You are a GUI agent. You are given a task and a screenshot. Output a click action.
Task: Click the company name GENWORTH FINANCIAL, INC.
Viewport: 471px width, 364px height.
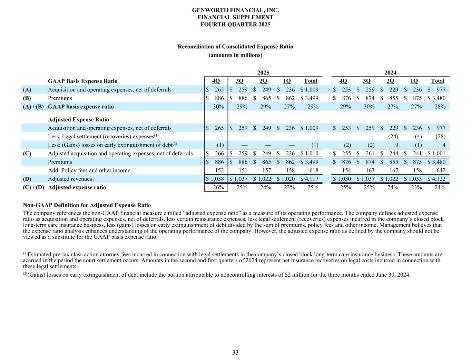point(235,10)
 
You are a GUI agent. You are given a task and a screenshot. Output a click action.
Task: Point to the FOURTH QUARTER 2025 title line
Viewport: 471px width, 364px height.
point(235,24)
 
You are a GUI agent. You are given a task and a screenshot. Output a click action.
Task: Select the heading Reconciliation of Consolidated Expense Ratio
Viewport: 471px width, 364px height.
point(235,47)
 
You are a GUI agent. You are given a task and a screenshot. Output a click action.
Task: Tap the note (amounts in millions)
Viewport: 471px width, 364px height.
point(235,55)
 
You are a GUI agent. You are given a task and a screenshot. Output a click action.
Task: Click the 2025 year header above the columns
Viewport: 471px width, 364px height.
point(263,73)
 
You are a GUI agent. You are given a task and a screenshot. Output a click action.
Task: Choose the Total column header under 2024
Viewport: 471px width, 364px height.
point(438,81)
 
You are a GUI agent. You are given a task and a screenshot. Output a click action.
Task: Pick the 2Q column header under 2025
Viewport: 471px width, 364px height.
point(263,81)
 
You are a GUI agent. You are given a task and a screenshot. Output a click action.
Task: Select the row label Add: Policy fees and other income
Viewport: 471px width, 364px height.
point(89,170)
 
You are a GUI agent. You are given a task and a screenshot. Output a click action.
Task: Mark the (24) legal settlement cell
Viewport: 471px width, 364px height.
point(393,137)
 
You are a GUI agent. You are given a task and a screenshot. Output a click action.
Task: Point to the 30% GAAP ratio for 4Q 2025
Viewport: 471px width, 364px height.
point(218,107)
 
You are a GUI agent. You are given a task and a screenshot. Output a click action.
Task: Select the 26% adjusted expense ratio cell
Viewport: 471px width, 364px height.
point(218,188)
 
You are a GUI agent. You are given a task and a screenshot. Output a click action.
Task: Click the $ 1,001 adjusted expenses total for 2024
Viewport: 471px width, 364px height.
point(436,154)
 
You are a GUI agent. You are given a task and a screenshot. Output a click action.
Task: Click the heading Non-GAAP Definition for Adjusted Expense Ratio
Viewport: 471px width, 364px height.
point(87,205)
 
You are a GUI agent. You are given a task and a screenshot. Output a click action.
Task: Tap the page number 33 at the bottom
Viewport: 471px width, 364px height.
point(235,353)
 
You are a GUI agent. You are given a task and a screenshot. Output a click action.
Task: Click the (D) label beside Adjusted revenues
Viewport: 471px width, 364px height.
point(27,179)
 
